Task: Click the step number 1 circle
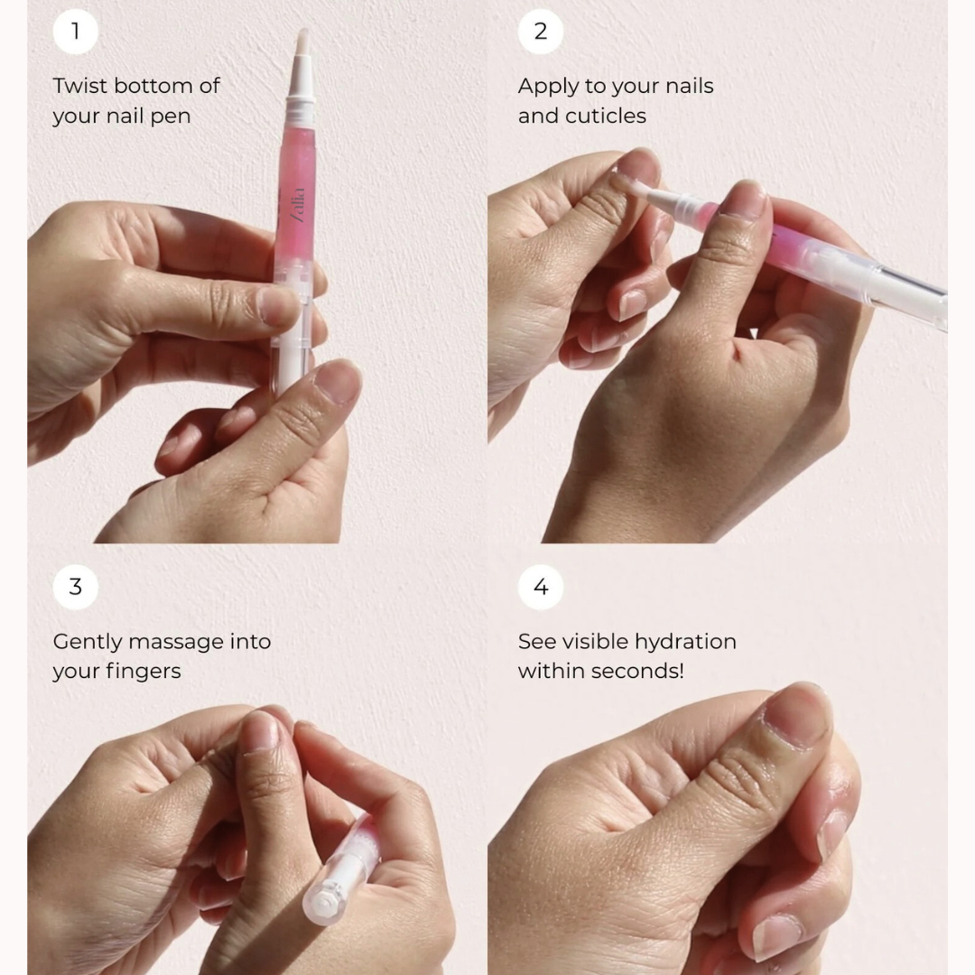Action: click(x=75, y=32)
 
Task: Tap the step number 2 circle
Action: click(x=540, y=32)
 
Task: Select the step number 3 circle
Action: click(x=75, y=587)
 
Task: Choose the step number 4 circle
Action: click(x=540, y=587)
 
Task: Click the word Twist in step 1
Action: click(x=79, y=86)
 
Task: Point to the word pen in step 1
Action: click(x=169, y=116)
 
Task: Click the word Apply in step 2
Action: click(x=546, y=87)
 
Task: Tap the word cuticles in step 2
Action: click(x=606, y=116)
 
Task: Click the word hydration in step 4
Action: click(x=684, y=642)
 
